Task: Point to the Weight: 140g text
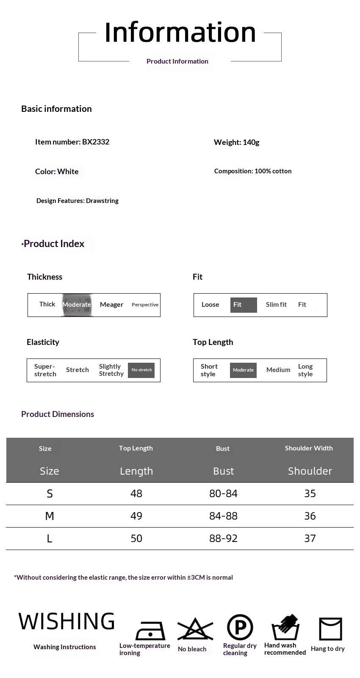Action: click(236, 142)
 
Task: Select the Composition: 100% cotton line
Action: click(253, 171)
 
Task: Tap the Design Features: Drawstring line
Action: click(78, 201)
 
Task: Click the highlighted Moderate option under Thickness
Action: click(77, 305)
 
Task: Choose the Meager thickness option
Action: click(111, 305)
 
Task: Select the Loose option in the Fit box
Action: click(210, 305)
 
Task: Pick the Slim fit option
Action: click(276, 305)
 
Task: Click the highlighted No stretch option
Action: click(141, 370)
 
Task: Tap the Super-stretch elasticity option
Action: click(45, 370)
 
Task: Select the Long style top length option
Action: click(305, 370)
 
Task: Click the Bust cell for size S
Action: click(223, 494)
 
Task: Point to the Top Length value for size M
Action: click(136, 516)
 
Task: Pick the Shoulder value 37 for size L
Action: click(310, 539)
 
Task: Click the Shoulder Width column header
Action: click(309, 448)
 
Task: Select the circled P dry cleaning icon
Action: click(240, 628)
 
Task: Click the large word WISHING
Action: click(66, 622)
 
